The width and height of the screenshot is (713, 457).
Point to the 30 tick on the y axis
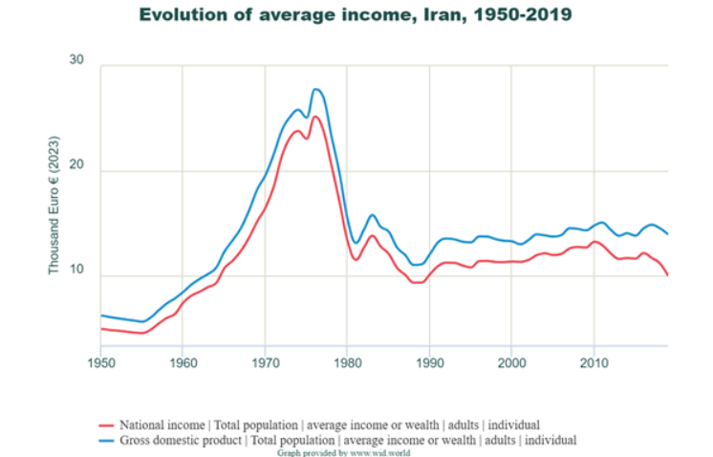76,61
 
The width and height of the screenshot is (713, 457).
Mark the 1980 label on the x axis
347,363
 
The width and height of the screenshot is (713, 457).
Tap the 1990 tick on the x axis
429,363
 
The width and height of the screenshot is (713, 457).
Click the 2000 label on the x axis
511,363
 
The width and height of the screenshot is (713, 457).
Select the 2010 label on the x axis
594,363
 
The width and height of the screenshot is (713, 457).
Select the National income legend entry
329,424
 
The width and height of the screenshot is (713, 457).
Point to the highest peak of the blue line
316,89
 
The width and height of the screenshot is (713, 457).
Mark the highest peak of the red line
315,117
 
